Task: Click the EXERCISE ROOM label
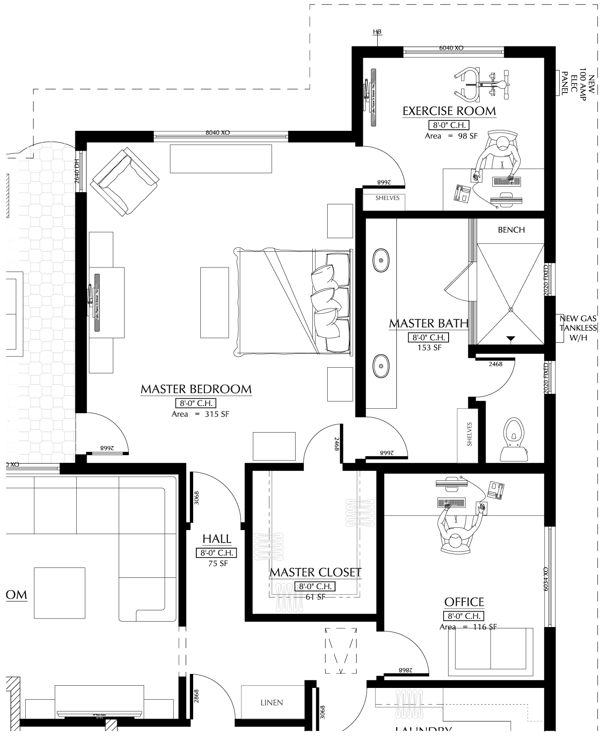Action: pyautogui.click(x=449, y=111)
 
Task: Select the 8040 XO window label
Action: pyautogui.click(x=218, y=133)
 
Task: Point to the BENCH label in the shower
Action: pyautogui.click(x=511, y=230)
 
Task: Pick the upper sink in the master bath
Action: pyautogui.click(x=381, y=260)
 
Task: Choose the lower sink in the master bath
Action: pyautogui.click(x=381, y=365)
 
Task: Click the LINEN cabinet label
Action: pyautogui.click(x=272, y=703)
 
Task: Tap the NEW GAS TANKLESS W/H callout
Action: pyautogui.click(x=578, y=328)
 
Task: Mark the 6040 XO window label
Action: pyautogui.click(x=451, y=48)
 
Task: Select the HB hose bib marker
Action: pyautogui.click(x=377, y=32)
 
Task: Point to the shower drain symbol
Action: pyautogui.click(x=511, y=309)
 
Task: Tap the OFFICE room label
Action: pyautogui.click(x=464, y=602)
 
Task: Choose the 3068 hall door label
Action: pyautogui.click(x=196, y=498)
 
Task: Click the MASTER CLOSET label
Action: pyautogui.click(x=315, y=572)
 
